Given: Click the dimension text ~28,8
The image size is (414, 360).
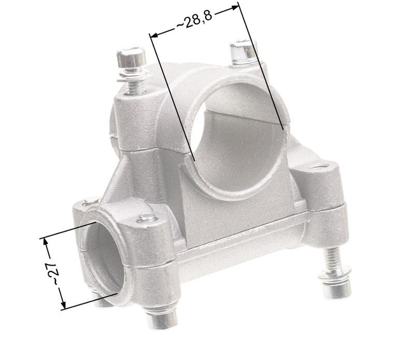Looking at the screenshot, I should click(x=194, y=22).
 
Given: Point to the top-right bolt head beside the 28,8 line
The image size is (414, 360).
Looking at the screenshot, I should click(x=241, y=49).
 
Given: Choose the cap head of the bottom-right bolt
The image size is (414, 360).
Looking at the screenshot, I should click(x=336, y=290).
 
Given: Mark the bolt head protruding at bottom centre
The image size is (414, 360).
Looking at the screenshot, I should click(x=161, y=317).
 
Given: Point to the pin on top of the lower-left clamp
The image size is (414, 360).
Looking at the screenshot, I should click(x=148, y=219).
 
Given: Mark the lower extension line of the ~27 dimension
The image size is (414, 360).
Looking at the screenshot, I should click(x=89, y=300).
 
